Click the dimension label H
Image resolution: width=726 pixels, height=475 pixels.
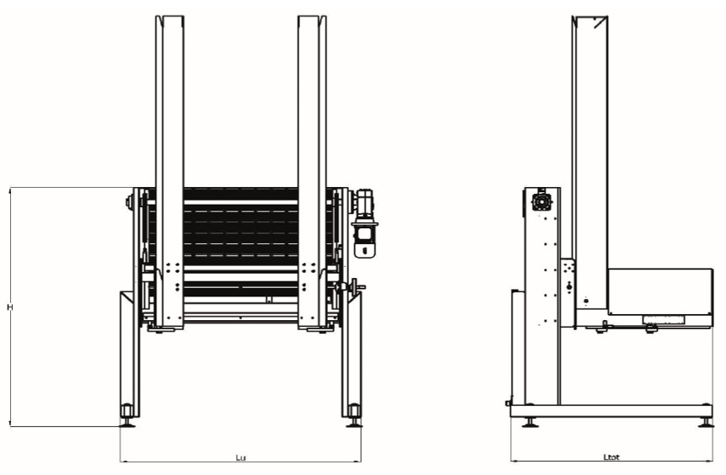tap(10, 307)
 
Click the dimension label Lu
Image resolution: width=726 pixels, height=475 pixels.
tap(240, 457)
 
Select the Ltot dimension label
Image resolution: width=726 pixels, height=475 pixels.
tap(611, 457)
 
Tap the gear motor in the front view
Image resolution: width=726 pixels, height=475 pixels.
tap(364, 223)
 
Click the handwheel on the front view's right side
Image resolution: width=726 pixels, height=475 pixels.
tap(355, 286)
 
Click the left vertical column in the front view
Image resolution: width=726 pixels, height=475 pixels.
tap(169, 173)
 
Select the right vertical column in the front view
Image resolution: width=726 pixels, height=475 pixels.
tap(312, 173)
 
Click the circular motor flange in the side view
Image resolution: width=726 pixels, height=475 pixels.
tap(541, 201)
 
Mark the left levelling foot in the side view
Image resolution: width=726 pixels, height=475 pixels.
tap(530, 422)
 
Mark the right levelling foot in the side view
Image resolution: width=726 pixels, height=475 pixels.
tap(706, 422)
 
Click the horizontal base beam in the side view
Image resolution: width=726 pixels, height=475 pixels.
tap(611, 411)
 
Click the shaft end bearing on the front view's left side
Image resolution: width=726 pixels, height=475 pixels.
tap(128, 201)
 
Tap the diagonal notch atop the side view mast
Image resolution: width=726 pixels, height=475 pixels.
tap(600, 22)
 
